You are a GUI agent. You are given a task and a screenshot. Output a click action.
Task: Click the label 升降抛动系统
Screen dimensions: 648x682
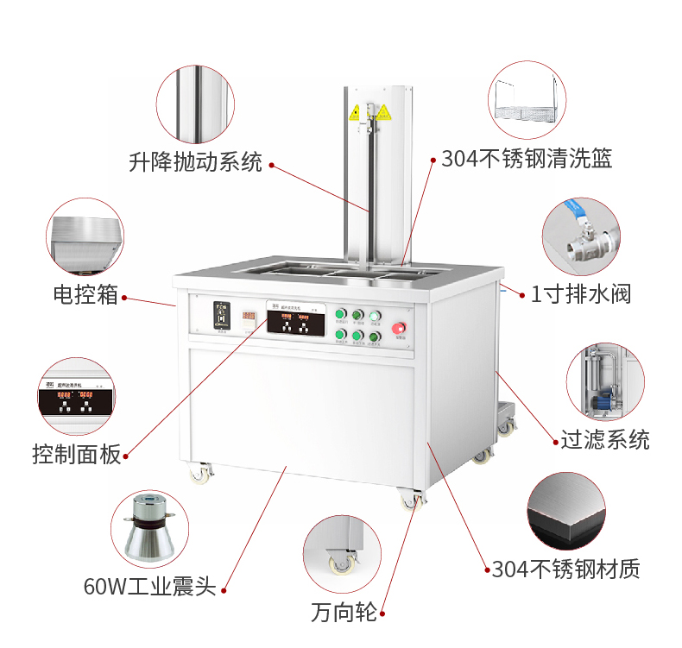[x=195, y=162]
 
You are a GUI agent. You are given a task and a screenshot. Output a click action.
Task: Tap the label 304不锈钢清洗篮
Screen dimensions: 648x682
[x=527, y=159]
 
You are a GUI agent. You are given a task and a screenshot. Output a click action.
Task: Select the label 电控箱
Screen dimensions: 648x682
[x=85, y=295]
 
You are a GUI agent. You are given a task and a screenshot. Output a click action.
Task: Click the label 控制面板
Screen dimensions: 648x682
[x=77, y=453]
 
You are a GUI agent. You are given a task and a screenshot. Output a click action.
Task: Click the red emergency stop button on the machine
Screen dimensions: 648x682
[x=400, y=328]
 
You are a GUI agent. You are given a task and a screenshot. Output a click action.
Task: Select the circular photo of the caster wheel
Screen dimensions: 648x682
[x=342, y=555]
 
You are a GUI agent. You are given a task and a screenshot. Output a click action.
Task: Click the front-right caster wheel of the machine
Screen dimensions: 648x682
[x=411, y=500]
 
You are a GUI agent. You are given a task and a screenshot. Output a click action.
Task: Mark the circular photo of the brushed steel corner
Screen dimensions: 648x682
[x=567, y=511]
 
